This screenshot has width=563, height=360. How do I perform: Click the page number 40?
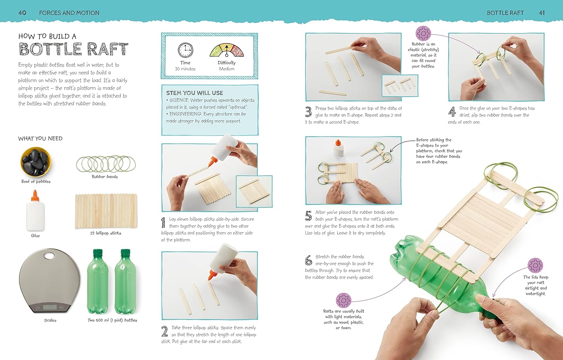click(x=22, y=13)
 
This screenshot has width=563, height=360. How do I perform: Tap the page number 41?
click(x=542, y=13)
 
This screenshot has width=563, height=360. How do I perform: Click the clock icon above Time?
click(x=185, y=50)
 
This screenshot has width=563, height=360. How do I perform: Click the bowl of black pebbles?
click(x=36, y=163)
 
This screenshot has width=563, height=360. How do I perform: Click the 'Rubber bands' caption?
click(x=105, y=177)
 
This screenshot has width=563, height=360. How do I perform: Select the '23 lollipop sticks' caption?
click(x=105, y=233)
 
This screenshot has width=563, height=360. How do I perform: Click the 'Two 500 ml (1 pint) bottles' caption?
click(x=112, y=320)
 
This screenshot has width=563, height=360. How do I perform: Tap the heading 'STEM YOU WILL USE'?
click(x=194, y=93)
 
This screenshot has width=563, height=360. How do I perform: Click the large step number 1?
click(x=163, y=223)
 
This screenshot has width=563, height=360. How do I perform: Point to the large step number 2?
click(x=164, y=331)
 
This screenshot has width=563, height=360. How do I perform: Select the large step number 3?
click(x=308, y=112)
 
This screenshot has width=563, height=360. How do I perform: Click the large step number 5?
click(x=308, y=216)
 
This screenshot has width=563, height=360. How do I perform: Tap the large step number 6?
click(x=308, y=260)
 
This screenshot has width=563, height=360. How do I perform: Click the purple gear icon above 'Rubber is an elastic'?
click(x=423, y=33)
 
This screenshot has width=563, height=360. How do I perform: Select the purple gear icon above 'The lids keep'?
click(x=535, y=265)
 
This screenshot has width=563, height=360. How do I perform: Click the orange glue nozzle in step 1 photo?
click(x=213, y=161)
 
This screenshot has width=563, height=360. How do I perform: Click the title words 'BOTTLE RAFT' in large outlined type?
click(x=74, y=49)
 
